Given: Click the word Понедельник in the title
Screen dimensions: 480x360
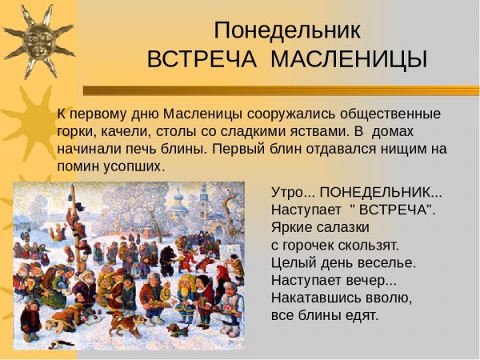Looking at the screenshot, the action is pos(287,30).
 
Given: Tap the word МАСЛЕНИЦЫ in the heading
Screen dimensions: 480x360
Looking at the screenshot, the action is pos(349,59).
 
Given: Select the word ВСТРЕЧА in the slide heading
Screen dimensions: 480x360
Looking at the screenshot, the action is pos(202,59).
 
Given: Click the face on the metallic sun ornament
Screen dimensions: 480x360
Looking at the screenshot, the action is pos(38,41).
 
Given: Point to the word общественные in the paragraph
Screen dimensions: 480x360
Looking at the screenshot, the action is pos(390,114).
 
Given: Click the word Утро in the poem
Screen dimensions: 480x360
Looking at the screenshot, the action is pos(286,193).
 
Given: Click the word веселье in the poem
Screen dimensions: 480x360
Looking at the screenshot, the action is pos(386,262).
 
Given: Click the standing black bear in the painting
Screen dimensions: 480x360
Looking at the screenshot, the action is pos(167,260).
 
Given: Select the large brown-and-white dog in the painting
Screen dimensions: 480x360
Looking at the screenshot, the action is pos(126,324).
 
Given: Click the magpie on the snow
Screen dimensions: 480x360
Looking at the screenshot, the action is pos(62,344).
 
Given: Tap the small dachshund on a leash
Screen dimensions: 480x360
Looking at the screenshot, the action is pos(177,330).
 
